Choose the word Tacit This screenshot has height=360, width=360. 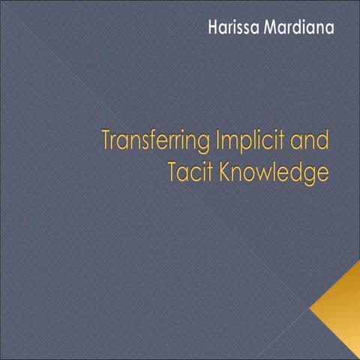(x=192, y=172)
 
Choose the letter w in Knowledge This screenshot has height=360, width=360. (x=266, y=173)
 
